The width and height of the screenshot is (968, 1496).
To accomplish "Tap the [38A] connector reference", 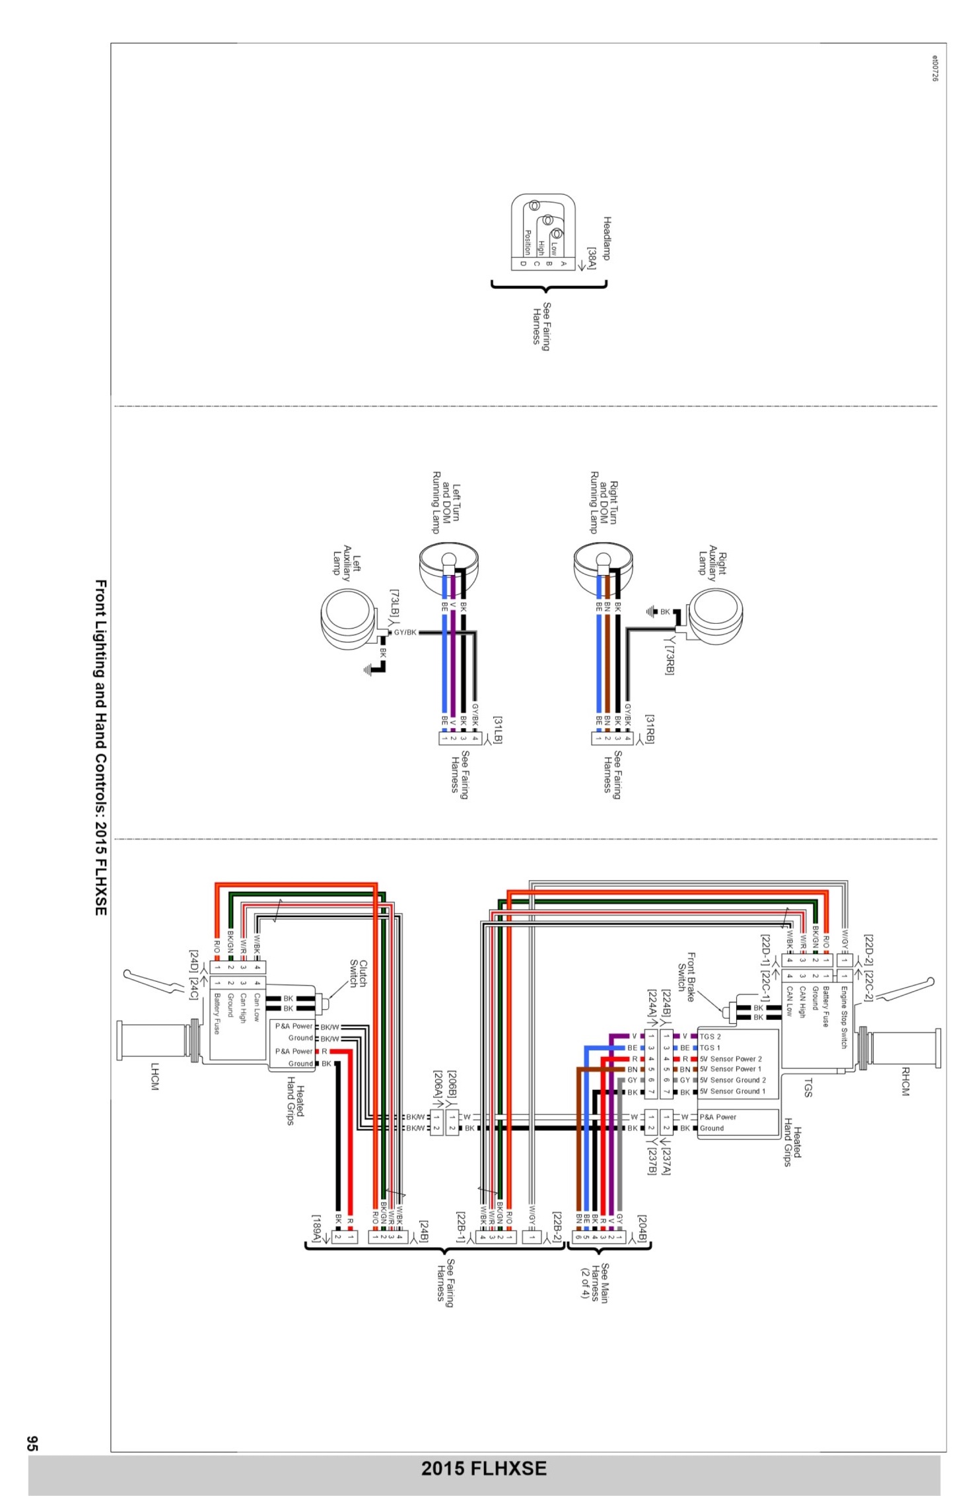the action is (592, 258).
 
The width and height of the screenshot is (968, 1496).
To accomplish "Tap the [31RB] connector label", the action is (650, 730).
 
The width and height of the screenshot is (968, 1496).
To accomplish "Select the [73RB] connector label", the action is (669, 660).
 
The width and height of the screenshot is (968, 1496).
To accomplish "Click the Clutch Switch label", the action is (358, 974).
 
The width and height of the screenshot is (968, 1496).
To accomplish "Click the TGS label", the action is (807, 1087).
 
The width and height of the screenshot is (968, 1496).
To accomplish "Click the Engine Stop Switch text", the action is (843, 1017).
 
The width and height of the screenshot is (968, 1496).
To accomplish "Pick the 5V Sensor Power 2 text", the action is (730, 1058).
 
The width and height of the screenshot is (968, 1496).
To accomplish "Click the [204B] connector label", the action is (642, 1230).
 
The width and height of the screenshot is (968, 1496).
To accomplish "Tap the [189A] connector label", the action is (318, 1229).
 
